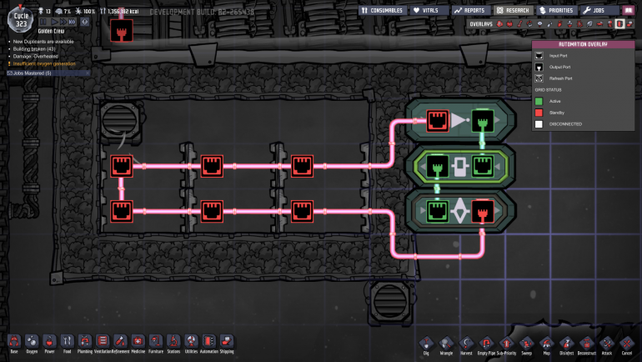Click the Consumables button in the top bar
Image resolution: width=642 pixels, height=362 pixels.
(383, 10)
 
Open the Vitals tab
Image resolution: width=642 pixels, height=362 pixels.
(426, 10)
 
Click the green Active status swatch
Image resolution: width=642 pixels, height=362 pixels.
(540, 100)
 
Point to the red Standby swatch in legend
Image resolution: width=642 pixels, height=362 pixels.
(540, 112)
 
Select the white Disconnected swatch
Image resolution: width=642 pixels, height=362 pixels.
(540, 123)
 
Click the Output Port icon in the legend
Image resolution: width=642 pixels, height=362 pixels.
(540, 67)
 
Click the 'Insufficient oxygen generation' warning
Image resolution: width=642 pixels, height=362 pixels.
(42, 63)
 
